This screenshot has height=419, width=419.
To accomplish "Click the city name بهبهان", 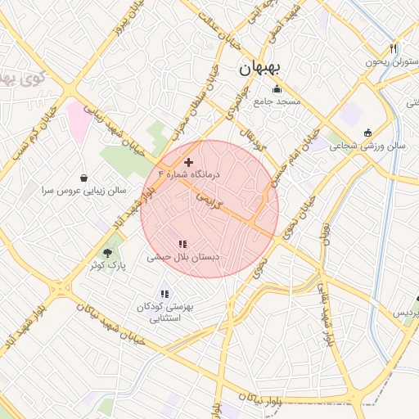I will point(259,70).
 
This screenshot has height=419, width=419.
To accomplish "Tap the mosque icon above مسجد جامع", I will point(277,89).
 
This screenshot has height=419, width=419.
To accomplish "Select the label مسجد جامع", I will point(277,101).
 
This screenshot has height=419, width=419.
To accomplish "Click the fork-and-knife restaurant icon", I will point(394,48).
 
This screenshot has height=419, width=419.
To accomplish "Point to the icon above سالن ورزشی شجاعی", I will point(367,133).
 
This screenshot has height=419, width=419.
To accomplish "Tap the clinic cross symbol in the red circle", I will point(189,162).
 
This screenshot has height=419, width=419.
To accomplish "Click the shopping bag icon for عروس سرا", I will point(84,177).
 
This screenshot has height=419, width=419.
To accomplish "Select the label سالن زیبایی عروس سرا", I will point(83,190).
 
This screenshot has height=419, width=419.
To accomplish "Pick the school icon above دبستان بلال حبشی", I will point(182,243).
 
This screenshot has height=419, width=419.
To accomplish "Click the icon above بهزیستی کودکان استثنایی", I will point(165,293).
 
